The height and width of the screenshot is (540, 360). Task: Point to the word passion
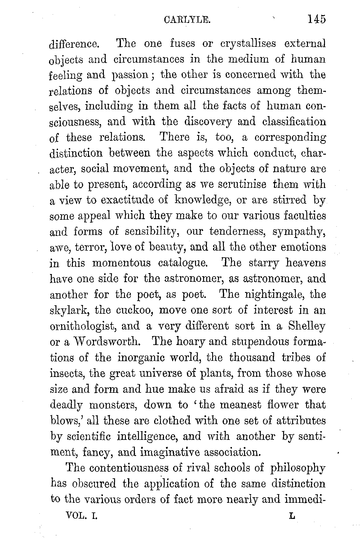tap(130, 75)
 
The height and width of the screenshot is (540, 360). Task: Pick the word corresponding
tap(290, 137)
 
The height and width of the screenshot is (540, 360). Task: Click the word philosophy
tap(298, 468)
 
